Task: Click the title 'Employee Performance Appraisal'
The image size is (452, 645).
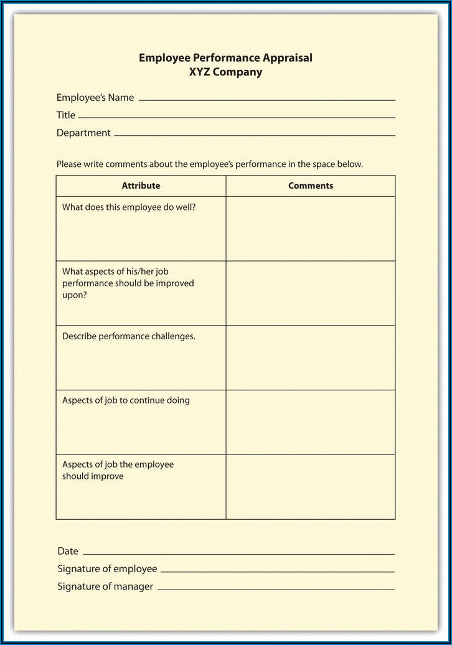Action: (x=225, y=58)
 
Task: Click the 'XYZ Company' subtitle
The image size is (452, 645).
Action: (x=225, y=72)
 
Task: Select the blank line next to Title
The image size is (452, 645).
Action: (x=237, y=116)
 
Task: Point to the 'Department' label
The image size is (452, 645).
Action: (x=83, y=133)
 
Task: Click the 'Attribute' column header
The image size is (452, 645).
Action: (x=141, y=186)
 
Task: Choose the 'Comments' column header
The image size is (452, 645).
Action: (x=311, y=186)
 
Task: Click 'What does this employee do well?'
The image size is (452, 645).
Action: (x=129, y=207)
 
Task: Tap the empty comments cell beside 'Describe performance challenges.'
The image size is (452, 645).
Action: (x=311, y=357)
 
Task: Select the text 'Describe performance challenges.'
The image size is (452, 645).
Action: (x=129, y=336)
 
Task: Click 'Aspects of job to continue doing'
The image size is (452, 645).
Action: (x=126, y=400)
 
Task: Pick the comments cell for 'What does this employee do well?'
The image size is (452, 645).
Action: (x=311, y=228)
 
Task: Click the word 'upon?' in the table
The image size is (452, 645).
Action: (x=75, y=295)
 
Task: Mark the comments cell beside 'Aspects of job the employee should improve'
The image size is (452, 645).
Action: (x=311, y=487)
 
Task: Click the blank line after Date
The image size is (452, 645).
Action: (x=238, y=553)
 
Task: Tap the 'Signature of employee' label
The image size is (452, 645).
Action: (x=107, y=568)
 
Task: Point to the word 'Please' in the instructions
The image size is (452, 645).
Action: (x=68, y=164)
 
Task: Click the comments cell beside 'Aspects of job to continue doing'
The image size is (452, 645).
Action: (x=311, y=422)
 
